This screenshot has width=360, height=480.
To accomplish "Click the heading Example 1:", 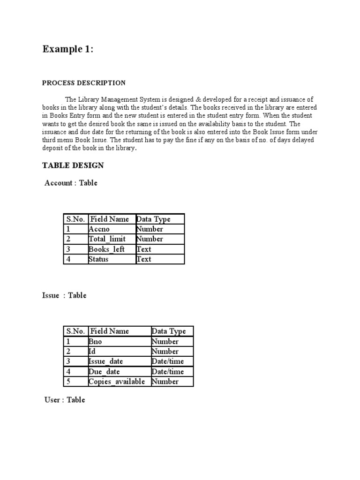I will coord(67,49).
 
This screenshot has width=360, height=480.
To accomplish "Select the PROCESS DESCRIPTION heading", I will coord(84,83).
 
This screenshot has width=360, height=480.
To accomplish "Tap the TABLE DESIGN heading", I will coord(73,165).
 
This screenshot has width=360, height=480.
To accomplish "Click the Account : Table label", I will coord(71,183).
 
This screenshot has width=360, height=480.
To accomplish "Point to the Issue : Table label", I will coord(64,295).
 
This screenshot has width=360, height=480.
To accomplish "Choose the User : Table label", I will coord(65,400).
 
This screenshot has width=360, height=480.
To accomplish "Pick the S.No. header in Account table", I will coord(75,219).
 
